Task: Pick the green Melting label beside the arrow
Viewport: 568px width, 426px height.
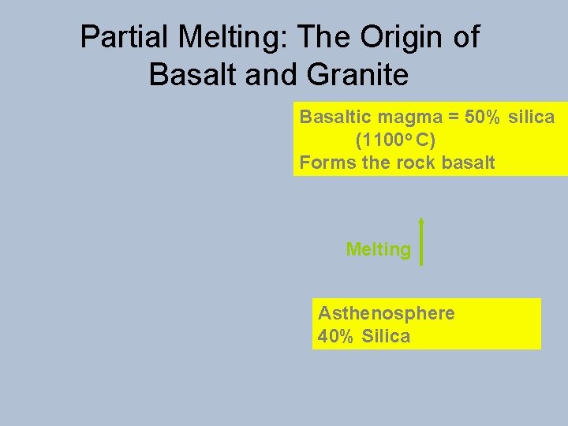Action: coord(379,250)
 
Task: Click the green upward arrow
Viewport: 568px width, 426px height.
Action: coord(422,241)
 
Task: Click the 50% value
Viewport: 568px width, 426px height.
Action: coord(481,118)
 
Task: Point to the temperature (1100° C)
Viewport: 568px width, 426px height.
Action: coord(395,140)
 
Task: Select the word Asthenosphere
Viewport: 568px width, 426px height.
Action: coord(387,313)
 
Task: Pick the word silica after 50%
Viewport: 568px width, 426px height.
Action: coord(532,118)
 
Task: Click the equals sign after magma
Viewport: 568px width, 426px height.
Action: coord(450,118)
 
